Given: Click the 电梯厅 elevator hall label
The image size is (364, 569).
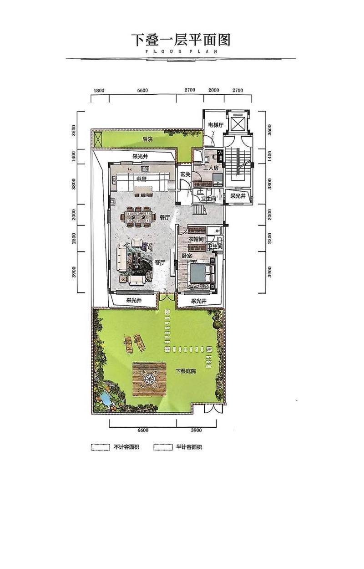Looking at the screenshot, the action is (216, 125).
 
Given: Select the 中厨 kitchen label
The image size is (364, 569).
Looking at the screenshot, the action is (142, 179).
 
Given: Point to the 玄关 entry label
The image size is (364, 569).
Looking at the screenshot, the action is (185, 174).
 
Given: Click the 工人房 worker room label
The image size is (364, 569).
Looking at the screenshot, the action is (211, 168).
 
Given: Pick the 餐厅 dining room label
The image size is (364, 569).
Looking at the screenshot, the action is (164, 217).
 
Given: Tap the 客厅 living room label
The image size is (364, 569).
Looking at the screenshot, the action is (160, 263).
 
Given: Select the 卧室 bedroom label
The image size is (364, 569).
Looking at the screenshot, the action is (187, 256).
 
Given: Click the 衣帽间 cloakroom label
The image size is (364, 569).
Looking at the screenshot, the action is (196, 239).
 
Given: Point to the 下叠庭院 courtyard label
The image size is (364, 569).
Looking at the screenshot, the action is (186, 371).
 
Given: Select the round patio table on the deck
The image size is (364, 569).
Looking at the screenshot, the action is (149, 379).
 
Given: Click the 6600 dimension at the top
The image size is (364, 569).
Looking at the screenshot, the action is (142, 91).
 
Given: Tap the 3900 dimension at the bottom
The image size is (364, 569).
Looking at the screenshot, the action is (196, 430).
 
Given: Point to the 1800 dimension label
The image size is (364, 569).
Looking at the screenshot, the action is (99, 91).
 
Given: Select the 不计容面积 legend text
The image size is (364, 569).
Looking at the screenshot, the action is (126, 447).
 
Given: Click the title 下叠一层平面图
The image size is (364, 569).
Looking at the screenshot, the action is (181, 40).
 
